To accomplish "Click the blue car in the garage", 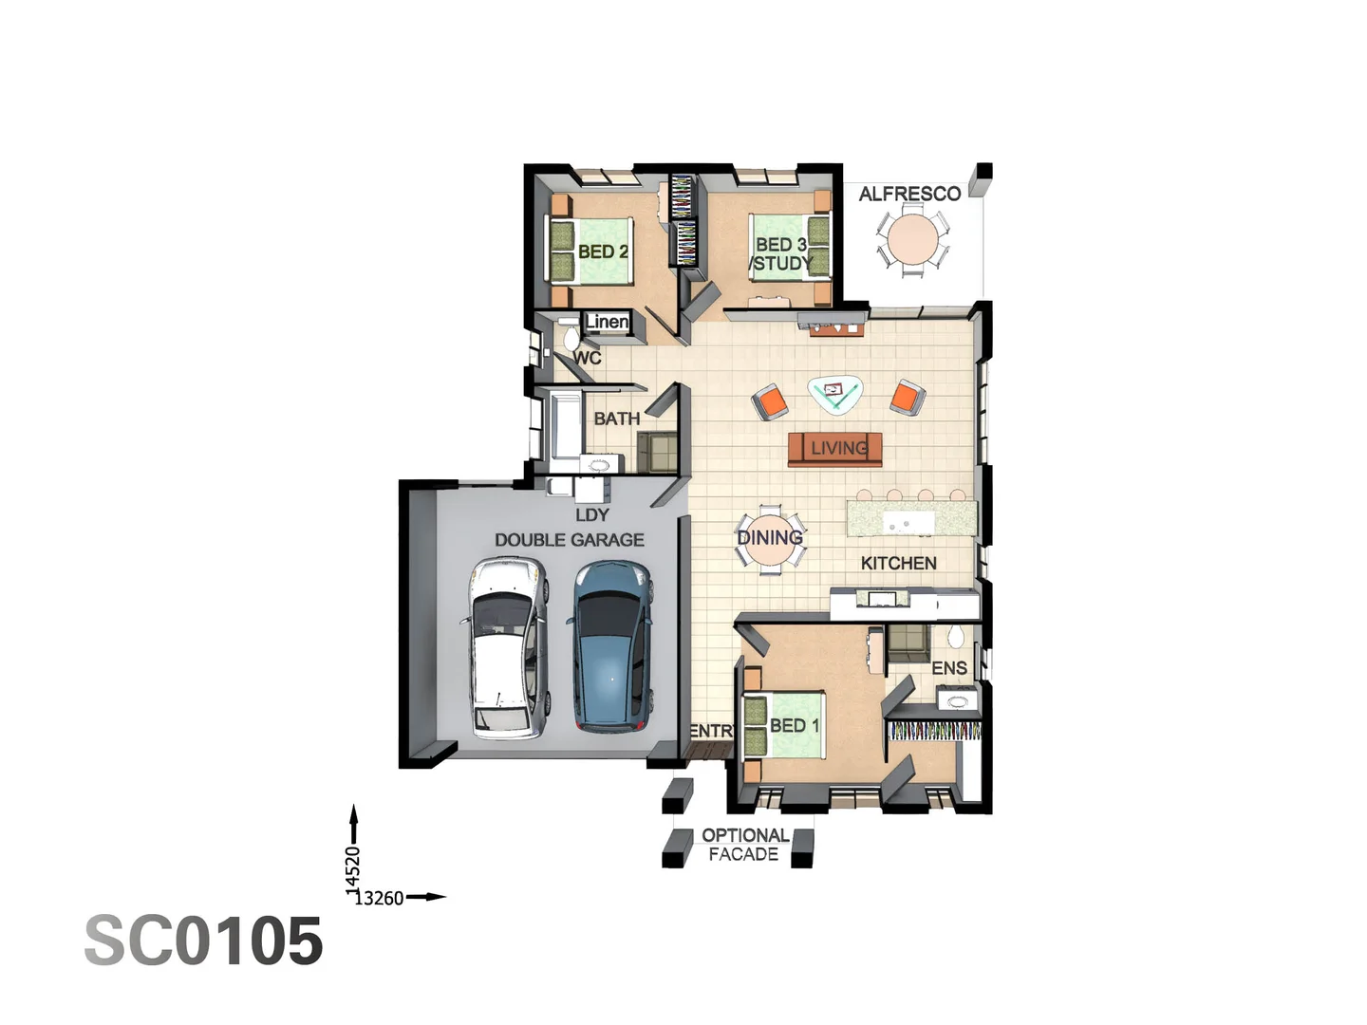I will click(x=612, y=647).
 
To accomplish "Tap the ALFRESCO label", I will click(x=909, y=194).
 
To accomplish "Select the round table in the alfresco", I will click(x=912, y=239).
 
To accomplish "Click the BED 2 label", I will click(x=603, y=252).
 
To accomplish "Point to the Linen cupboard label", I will click(x=607, y=322).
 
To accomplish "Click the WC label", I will click(x=588, y=358).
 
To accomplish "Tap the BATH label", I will click(x=616, y=419).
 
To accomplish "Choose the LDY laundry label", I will click(x=591, y=514).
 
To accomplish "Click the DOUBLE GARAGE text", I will click(x=569, y=540).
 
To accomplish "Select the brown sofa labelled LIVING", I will click(x=835, y=449).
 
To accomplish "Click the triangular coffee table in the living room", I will click(x=834, y=393).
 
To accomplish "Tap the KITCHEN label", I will click(x=898, y=563).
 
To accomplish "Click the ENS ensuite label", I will click(x=948, y=668).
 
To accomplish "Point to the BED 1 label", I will click(x=794, y=725).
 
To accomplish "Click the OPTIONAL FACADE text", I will click(x=744, y=845).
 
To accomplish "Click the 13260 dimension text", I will click(x=379, y=898).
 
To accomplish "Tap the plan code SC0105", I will click(x=204, y=941).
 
